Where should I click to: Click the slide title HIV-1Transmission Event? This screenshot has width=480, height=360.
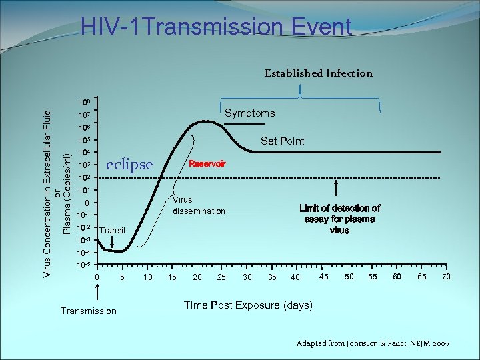point(215,27)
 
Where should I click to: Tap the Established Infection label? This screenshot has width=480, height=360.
point(318,73)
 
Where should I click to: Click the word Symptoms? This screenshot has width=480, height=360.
point(249,113)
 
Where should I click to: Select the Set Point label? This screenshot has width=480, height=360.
point(282,141)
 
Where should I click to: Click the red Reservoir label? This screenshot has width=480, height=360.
point(207,163)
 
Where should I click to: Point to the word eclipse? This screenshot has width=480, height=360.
point(129,165)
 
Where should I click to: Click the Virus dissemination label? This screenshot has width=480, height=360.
point(199,205)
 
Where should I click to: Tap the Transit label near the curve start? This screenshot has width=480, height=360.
point(112,230)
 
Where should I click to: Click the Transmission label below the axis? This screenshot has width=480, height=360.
point(88,311)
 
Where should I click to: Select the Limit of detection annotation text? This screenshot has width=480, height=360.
point(339,219)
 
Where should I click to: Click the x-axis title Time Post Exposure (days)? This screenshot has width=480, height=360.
point(248,305)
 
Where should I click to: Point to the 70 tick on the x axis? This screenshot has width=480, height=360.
point(445,276)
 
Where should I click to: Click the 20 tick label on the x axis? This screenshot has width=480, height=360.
point(197,277)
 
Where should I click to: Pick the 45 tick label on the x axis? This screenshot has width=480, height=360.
point(323,276)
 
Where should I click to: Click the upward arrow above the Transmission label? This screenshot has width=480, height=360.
point(98,292)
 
